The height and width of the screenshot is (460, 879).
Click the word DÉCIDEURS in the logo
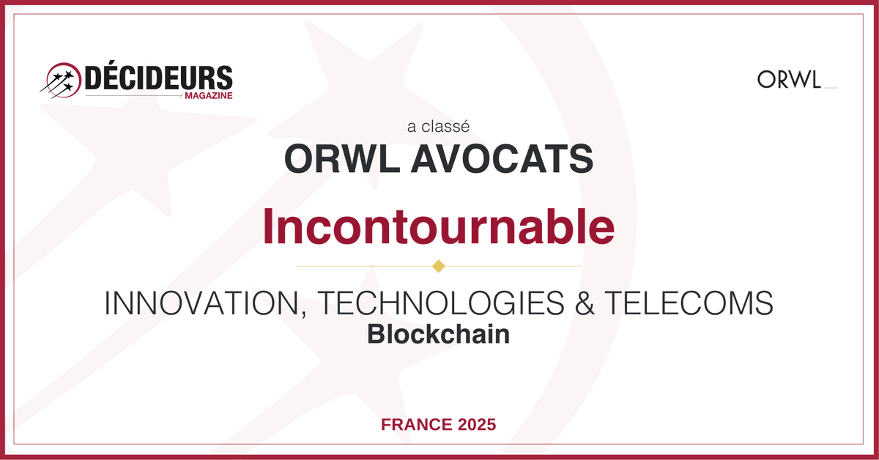tap(158, 79)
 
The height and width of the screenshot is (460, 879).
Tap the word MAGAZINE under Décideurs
tap(208, 96)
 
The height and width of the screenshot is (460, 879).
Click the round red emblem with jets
tap(62, 80)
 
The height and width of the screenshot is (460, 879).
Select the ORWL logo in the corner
tap(789, 79)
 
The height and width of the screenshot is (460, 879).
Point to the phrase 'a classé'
tap(438, 126)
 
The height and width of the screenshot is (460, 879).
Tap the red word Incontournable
tap(438, 227)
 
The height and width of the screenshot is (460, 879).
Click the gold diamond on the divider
tap(439, 265)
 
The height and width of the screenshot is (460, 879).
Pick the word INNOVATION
tap(201, 303)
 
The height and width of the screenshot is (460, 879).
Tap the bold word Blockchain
tap(438, 334)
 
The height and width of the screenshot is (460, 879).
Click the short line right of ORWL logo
tap(831, 87)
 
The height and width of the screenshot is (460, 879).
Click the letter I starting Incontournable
tap(268, 227)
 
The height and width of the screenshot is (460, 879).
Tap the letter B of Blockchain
tap(374, 334)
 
